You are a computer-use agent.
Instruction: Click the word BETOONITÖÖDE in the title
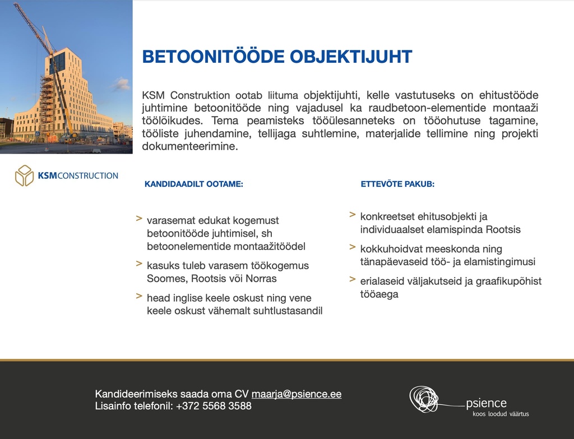click(x=214, y=57)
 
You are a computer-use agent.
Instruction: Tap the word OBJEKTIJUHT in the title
click(x=351, y=57)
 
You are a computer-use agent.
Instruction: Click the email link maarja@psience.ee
click(x=297, y=394)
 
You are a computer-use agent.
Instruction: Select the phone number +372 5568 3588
click(x=214, y=406)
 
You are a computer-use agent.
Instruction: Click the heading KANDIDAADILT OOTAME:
click(x=193, y=184)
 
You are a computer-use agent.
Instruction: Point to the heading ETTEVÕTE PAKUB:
click(x=397, y=184)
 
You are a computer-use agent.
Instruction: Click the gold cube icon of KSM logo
click(x=25, y=175)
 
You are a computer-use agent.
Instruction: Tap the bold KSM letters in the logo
click(x=48, y=175)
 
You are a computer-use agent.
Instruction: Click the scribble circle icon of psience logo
click(x=424, y=399)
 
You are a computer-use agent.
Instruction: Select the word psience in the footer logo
click(x=486, y=404)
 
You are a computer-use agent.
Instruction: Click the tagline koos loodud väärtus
click(x=501, y=414)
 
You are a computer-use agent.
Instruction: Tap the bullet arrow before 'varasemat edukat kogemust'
click(x=139, y=219)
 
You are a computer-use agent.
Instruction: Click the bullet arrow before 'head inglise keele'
click(x=139, y=296)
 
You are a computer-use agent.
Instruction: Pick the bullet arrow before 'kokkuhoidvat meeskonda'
click(x=353, y=247)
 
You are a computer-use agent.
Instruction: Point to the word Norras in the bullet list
click(x=261, y=279)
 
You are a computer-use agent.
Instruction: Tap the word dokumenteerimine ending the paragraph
click(x=190, y=146)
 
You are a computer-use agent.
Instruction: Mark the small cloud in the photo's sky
click(x=121, y=84)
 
